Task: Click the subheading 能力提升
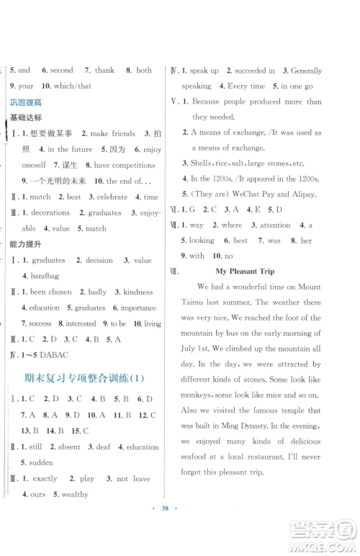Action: point(26,245)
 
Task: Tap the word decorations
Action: point(50,212)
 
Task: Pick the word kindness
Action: point(139,292)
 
